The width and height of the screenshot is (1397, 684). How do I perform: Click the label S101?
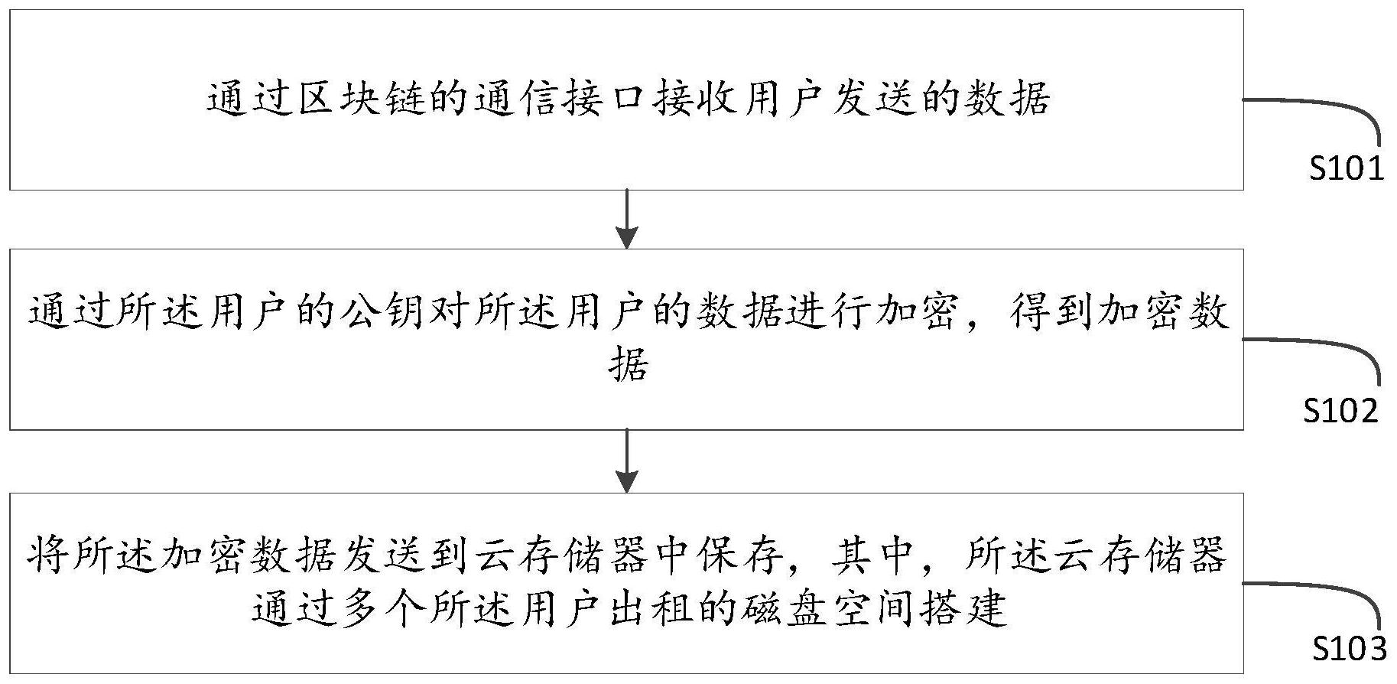[x=1347, y=168]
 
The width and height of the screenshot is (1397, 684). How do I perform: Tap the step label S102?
[x=1340, y=411]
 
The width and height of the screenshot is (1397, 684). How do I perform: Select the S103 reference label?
[x=1350, y=649]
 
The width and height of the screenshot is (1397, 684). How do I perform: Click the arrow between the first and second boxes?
[x=627, y=219]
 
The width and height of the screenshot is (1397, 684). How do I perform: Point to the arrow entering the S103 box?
[x=627, y=461]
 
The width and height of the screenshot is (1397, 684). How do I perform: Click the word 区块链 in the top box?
[x=362, y=99]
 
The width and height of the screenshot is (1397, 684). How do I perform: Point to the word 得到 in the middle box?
[x=1049, y=312]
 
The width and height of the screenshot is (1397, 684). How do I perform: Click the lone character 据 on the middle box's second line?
[x=629, y=364]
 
